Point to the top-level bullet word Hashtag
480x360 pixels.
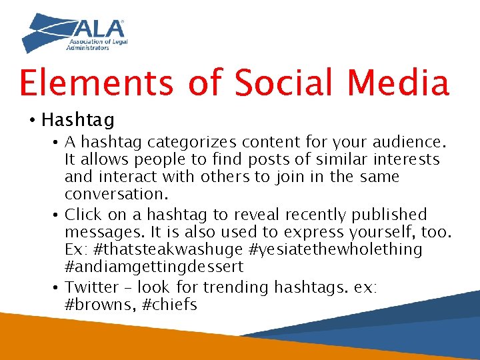(78, 120)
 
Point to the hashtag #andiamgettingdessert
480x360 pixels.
(154, 267)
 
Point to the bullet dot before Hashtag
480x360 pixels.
(31, 121)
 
